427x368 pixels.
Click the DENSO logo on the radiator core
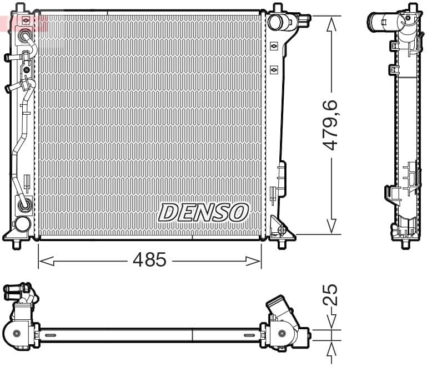[x=203, y=212]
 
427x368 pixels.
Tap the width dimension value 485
[x=149, y=259]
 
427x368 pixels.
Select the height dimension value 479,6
[x=331, y=125]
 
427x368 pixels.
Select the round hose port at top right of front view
[x=275, y=22]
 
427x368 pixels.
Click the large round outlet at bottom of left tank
[x=22, y=224]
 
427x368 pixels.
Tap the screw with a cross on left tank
[x=26, y=70]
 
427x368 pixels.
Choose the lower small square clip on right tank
[x=274, y=69]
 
